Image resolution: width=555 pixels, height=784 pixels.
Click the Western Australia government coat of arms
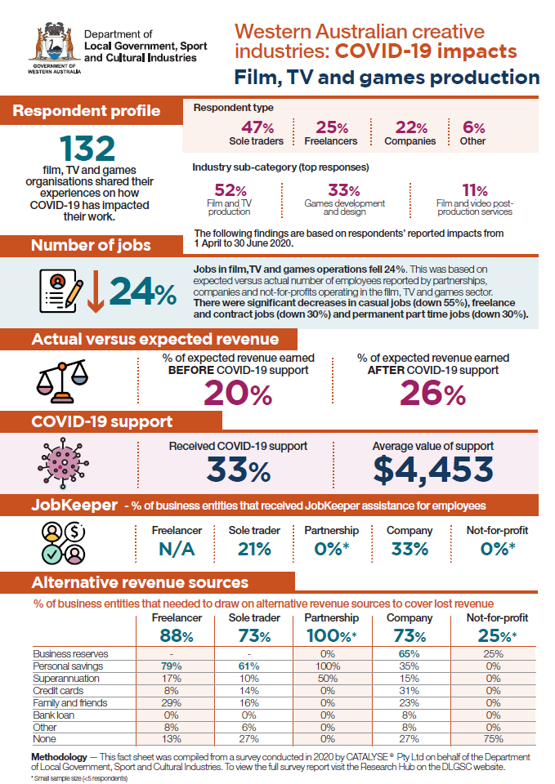tap(55, 48)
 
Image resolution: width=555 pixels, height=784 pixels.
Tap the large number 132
tap(87, 149)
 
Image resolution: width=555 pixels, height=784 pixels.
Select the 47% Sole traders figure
tap(256, 133)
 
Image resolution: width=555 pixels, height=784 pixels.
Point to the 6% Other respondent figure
tap(473, 133)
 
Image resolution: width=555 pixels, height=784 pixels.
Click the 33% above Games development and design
tap(344, 190)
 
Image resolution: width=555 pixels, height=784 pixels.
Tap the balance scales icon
tap(62, 381)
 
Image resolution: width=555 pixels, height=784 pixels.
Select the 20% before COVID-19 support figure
tap(238, 393)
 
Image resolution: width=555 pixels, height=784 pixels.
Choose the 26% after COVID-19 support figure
tap(433, 393)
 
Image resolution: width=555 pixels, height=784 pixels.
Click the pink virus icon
tap(63, 464)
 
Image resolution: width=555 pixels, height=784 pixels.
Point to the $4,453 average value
tap(433, 470)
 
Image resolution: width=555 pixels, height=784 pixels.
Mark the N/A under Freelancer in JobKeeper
tap(177, 549)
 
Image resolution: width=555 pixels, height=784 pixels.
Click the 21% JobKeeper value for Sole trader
tap(254, 549)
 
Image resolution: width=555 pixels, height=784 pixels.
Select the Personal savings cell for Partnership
tap(328, 666)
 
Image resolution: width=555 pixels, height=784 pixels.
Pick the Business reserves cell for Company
tap(409, 654)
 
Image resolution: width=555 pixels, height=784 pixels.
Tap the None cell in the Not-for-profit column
tap(493, 739)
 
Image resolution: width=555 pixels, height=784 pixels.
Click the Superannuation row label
tap(66, 679)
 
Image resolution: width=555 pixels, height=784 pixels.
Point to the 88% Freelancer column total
tap(177, 635)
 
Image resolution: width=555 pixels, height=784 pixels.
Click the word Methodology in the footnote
tap(59, 757)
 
